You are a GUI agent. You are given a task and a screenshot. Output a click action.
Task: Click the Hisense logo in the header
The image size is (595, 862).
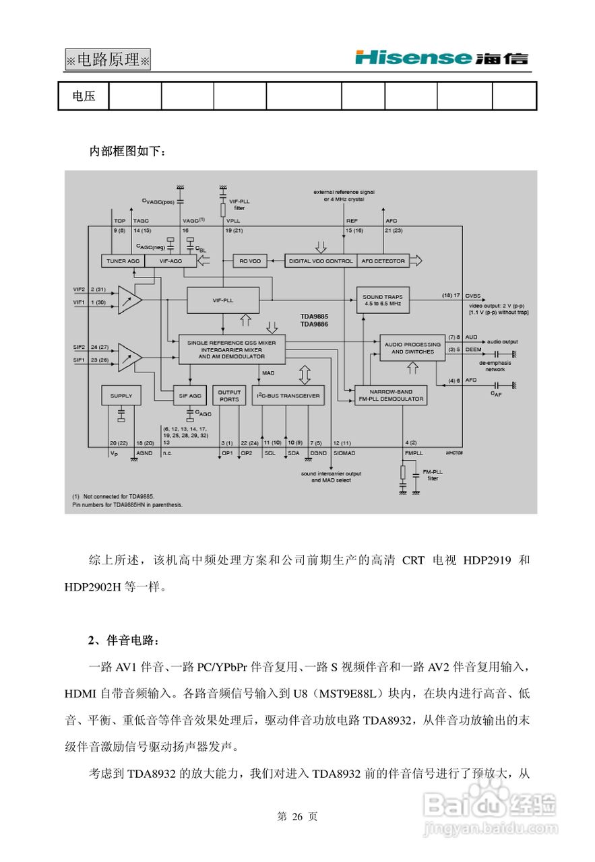coord(441,58)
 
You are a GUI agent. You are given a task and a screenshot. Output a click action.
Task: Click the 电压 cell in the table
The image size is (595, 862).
coord(84,96)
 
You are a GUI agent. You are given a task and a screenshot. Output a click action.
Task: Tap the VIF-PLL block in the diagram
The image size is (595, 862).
coord(222,299)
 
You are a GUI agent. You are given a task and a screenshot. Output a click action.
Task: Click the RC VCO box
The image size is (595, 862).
coord(250,261)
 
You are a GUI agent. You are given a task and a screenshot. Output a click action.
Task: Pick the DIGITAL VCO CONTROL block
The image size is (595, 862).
coord(320,261)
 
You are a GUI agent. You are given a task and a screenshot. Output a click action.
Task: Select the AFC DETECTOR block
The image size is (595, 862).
coord(383,261)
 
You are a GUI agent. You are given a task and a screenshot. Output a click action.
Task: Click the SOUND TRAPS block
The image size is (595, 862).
coord(382,300)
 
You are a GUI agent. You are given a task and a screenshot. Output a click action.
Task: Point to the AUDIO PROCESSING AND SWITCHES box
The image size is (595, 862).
coord(413,347)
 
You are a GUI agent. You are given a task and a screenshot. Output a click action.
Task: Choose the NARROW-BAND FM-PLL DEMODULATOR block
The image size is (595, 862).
coord(391,395)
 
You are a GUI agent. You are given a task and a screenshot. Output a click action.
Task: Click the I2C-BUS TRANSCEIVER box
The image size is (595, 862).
coord(288,395)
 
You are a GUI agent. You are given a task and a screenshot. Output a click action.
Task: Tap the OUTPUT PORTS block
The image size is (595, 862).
coord(229,395)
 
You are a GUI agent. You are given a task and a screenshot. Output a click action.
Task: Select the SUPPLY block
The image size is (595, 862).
coord(121,395)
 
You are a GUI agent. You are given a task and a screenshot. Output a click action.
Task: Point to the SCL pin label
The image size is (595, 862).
coord(270,453)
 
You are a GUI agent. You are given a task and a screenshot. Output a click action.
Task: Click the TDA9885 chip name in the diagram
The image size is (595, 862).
coord(314,315)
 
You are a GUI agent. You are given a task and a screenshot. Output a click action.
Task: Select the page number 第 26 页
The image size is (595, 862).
coord(297,817)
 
